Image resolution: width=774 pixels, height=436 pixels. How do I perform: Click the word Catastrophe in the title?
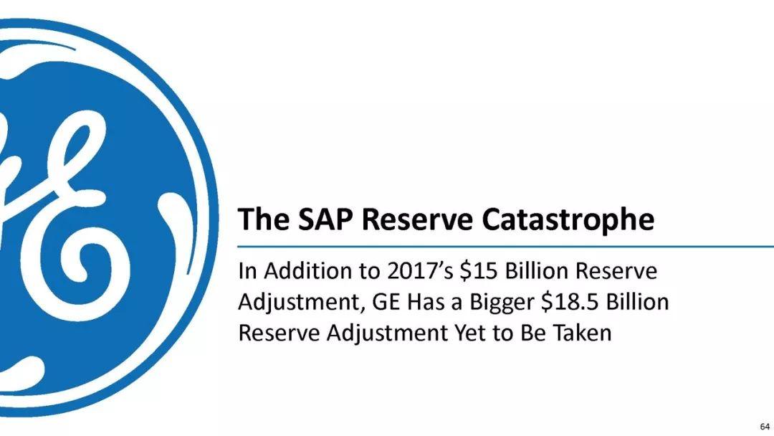(x=568, y=219)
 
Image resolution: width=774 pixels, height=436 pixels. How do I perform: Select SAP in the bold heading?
(x=325, y=219)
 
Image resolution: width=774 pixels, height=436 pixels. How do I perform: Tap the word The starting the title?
(x=263, y=219)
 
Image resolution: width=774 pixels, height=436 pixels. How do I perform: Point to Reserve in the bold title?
(x=417, y=219)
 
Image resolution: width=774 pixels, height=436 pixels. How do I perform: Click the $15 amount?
(x=479, y=271)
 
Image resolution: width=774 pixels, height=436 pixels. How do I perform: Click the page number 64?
(x=765, y=427)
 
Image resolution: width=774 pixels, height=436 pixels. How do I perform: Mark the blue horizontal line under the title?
(x=505, y=246)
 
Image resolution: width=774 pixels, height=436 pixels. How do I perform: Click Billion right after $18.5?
(x=637, y=302)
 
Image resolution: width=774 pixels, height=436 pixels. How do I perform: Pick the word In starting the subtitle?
(x=247, y=271)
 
